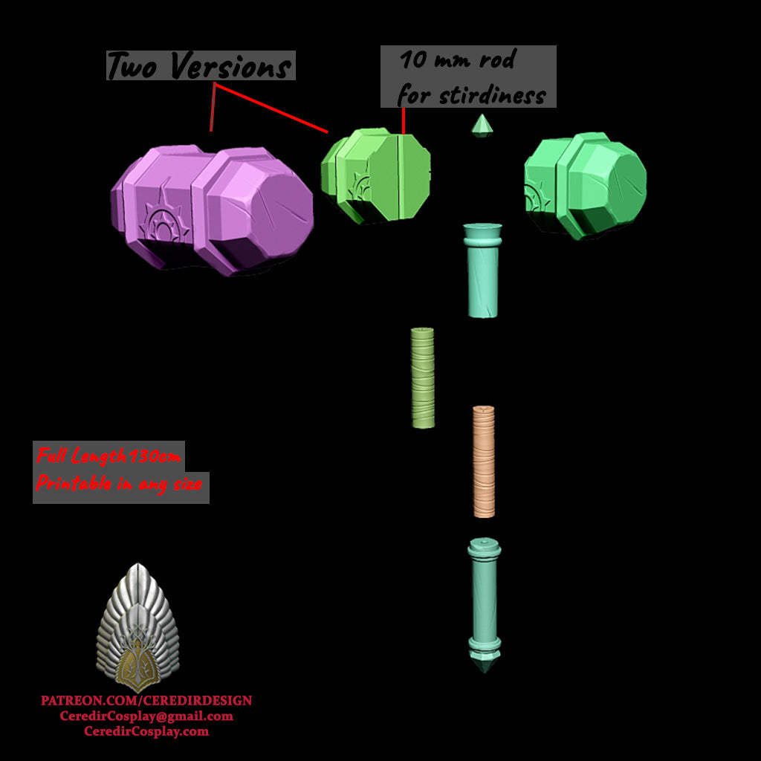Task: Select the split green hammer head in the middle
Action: point(375,177)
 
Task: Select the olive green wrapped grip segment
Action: point(423,378)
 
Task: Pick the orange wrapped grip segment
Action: point(484,461)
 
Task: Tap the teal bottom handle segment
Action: point(484,595)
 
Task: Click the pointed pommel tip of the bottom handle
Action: point(484,663)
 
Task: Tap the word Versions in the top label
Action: point(230,67)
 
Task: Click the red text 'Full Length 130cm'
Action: point(109,456)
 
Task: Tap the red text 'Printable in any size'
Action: point(119,485)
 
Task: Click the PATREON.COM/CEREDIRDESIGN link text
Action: point(146,701)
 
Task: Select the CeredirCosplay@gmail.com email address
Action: point(146,716)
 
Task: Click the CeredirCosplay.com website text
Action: point(146,731)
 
